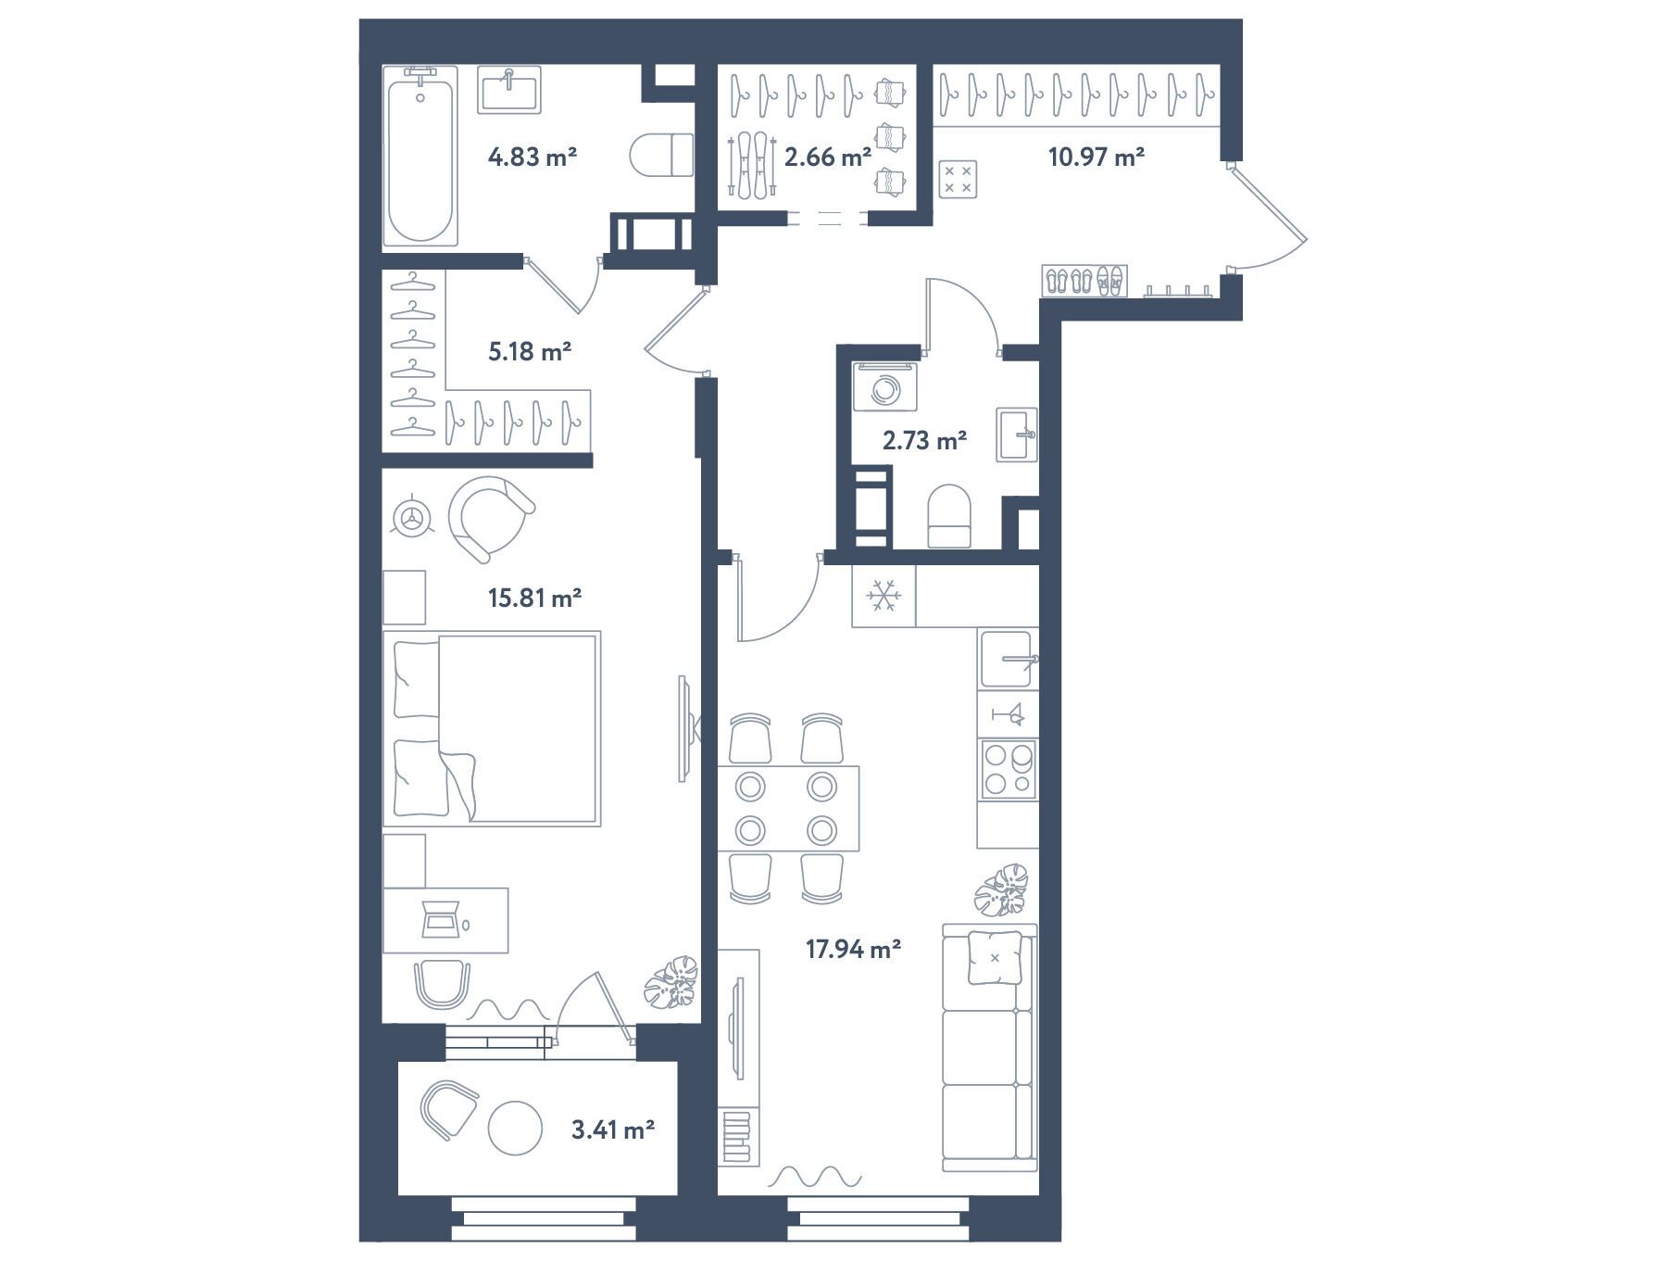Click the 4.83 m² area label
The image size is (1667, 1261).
(533, 157)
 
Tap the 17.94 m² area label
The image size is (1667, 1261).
(853, 949)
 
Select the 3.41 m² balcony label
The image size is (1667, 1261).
(613, 1129)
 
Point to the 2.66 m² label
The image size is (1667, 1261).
(827, 157)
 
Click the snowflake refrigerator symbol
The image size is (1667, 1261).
(884, 596)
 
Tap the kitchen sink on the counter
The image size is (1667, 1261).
(1008, 659)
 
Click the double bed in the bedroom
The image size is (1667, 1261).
(492, 728)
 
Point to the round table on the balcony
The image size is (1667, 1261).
(515, 1128)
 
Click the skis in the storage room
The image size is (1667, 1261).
(751, 165)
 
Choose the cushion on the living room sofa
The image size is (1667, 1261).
(996, 958)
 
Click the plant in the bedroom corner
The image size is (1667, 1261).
(671, 983)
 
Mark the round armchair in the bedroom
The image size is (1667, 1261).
(489, 519)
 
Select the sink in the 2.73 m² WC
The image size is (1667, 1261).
(1018, 434)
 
